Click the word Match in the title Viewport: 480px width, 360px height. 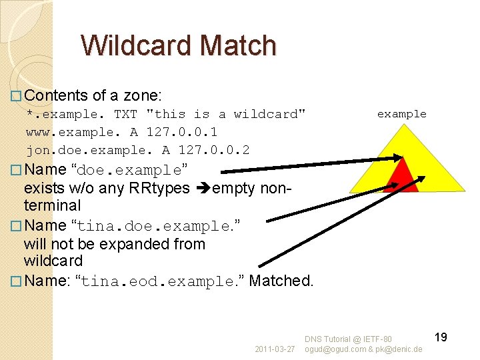(x=237, y=45)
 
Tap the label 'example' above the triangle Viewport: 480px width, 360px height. (x=401, y=114)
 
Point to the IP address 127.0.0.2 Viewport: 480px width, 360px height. (x=214, y=150)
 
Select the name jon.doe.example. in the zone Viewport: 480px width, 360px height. (x=90, y=150)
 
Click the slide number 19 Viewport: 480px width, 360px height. (x=440, y=337)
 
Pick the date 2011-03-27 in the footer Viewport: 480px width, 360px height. (x=275, y=349)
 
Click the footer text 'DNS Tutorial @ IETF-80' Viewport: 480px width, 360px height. (x=349, y=340)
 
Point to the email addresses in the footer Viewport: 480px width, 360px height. (x=363, y=349)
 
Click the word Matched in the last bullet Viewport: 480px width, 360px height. (x=281, y=281)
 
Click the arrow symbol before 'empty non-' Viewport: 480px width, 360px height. (x=203, y=189)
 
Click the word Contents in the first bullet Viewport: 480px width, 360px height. (x=57, y=96)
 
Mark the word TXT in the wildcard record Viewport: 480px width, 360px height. (x=126, y=114)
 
